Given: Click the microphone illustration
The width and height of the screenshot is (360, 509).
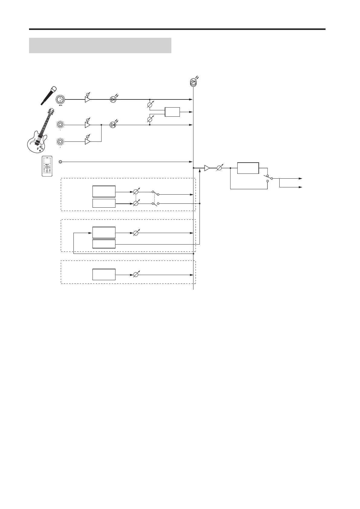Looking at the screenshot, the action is [48, 96].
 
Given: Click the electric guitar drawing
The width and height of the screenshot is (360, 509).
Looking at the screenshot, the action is [40, 131].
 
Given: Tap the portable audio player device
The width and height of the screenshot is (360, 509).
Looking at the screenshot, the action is [47, 166].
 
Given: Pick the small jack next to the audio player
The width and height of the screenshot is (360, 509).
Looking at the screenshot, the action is [60, 162].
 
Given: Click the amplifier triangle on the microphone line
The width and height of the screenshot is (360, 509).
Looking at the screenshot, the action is [87, 99].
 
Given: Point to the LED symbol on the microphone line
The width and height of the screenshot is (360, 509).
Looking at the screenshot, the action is [113, 99].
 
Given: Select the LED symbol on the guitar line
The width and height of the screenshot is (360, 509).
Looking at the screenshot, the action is [113, 125].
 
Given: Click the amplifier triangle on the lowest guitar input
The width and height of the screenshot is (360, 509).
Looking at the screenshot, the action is [87, 141].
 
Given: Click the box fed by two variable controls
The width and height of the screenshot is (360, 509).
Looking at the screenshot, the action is [172, 112].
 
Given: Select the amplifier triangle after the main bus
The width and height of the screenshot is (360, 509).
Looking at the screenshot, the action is [207, 168].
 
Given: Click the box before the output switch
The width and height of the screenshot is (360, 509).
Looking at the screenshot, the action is [248, 168].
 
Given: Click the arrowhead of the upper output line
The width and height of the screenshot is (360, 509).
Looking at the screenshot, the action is [300, 179].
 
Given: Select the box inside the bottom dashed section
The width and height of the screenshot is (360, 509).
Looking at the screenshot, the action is [104, 274].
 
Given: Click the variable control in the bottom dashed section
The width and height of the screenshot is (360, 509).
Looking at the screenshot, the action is [136, 275].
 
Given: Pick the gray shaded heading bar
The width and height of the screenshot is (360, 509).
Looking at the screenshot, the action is [100, 45].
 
